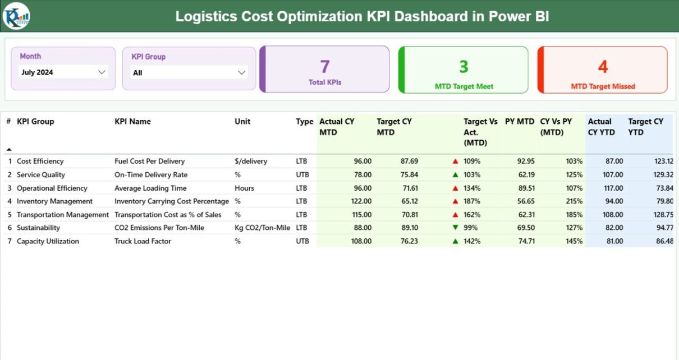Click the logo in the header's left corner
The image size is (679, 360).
coord(16,16)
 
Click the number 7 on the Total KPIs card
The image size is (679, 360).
coord(324,67)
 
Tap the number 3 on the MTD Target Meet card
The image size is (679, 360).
coord(464,67)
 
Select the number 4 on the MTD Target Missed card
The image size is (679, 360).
coord(603,67)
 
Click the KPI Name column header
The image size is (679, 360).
coord(132,122)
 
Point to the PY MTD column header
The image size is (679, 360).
coord(519,122)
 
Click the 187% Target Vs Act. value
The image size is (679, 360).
coord(472,201)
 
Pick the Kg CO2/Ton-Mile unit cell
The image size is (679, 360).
coord(262,228)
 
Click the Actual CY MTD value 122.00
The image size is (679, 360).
coord(359,201)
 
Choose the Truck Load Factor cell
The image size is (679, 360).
coord(143,242)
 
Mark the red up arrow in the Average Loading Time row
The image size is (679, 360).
coord(455,188)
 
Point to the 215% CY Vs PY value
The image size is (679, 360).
coord(574,201)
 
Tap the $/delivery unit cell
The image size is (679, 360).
coord(251,161)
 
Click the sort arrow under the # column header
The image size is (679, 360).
coord(8,149)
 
